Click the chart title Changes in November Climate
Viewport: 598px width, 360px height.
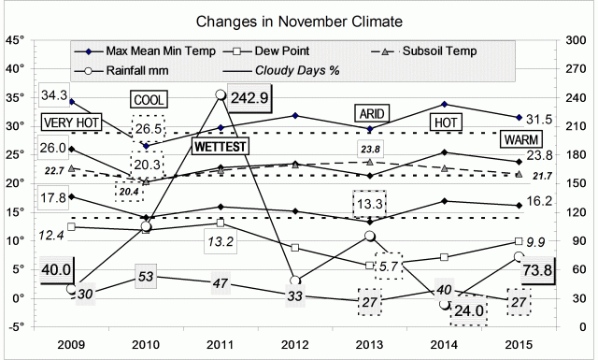click(x=298, y=20)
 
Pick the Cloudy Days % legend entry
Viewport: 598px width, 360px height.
click(x=277, y=68)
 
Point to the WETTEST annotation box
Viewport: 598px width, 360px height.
click(x=216, y=146)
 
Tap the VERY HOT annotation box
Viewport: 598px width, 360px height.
click(x=71, y=123)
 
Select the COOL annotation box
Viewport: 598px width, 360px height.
click(x=148, y=100)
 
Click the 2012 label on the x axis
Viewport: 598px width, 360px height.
click(x=294, y=342)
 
